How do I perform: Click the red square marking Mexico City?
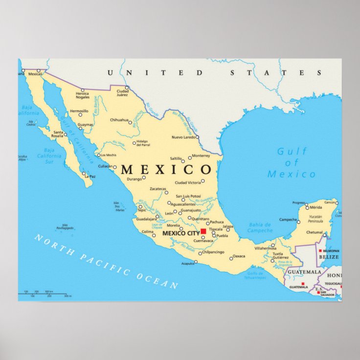(x=203, y=231)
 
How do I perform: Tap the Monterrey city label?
(x=201, y=156)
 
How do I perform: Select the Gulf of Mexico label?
(x=292, y=163)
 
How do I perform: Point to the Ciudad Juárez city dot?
(x=127, y=88)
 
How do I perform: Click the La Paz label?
(x=89, y=177)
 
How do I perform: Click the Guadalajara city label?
(x=146, y=219)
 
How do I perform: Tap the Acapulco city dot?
(x=196, y=262)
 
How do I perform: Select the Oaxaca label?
(x=239, y=256)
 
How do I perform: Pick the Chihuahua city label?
(x=119, y=120)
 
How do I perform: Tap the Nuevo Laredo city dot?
(x=199, y=137)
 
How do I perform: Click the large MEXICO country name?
(x=166, y=170)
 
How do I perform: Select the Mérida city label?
(x=316, y=207)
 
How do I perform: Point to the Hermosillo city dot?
(x=81, y=114)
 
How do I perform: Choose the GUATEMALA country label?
(x=304, y=272)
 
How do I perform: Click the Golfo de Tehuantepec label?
(x=256, y=275)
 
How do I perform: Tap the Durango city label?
(x=134, y=179)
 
